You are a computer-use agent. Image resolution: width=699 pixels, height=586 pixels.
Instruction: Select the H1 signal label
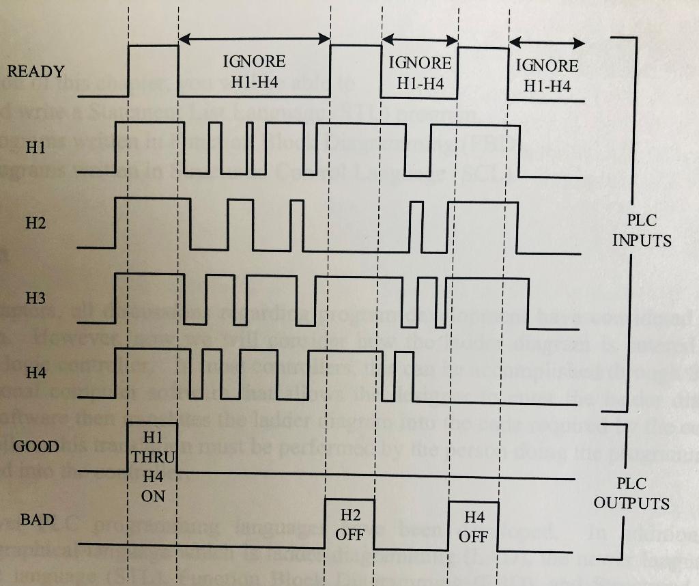coord(35,148)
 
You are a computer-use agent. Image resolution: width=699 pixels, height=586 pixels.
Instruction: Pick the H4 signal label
coord(35,373)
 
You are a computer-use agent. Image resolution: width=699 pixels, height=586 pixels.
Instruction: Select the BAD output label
coord(37,520)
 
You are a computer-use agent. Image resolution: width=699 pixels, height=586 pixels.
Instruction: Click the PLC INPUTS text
coord(641,231)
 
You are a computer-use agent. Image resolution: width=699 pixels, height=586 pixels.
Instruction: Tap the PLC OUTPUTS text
coord(631,493)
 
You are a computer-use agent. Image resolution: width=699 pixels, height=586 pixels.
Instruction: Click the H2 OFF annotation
coord(349,525)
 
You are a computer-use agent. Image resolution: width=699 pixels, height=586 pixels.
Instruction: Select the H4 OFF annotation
coord(473,527)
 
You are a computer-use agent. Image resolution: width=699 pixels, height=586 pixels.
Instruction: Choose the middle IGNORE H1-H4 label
coord(420,73)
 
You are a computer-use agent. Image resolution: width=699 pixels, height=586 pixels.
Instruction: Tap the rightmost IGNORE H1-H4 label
coord(547,75)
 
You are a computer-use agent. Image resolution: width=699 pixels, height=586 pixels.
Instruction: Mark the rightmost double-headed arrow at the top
coord(547,44)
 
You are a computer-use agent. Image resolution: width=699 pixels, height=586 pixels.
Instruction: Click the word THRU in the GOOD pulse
coord(153,456)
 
